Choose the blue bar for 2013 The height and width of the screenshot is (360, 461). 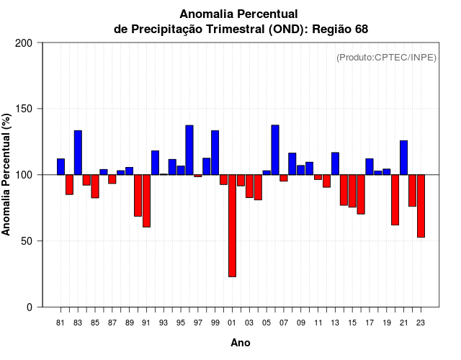pos(335,163)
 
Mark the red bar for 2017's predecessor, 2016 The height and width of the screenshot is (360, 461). pos(361,194)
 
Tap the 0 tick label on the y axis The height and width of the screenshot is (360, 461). pos(30,307)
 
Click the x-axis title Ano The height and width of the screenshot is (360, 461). pos(241,343)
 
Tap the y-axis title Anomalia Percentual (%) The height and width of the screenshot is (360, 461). pos(7,174)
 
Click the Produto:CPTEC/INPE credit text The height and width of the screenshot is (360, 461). pos(386,58)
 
